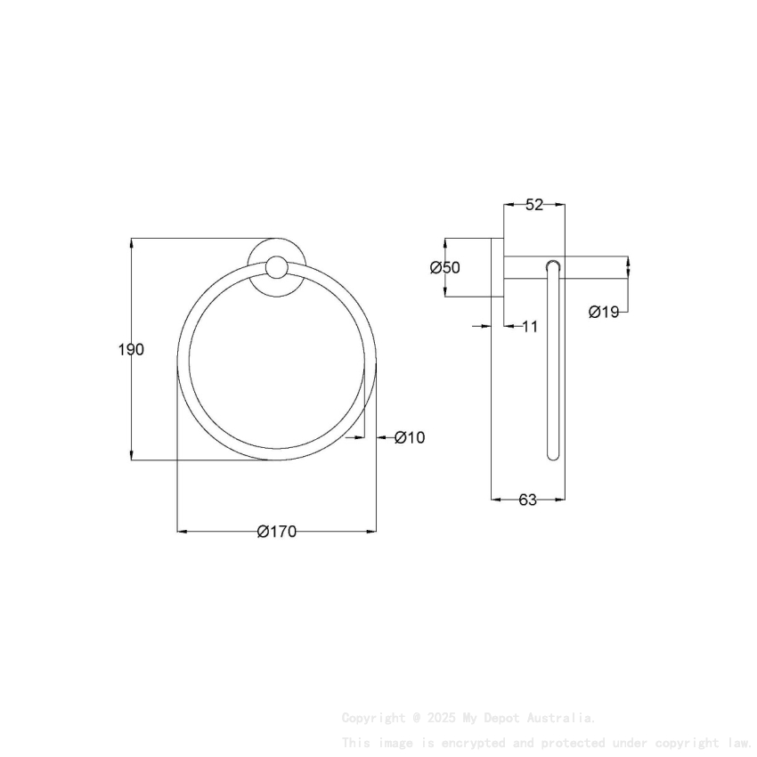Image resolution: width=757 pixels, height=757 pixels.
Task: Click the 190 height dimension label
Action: coord(131,349)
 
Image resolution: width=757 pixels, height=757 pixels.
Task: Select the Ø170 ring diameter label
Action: coord(276,532)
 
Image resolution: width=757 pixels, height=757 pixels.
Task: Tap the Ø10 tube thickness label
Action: coord(410,437)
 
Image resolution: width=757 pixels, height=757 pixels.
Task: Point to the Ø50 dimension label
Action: coord(444,268)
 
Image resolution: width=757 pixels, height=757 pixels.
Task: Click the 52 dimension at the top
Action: coord(533,205)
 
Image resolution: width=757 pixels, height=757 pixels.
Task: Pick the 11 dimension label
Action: coord(529,327)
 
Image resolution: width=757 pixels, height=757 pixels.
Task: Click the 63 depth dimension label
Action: coord(528,500)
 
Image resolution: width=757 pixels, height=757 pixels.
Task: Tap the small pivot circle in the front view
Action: coord(277,267)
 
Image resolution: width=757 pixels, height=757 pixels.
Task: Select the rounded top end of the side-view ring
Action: coord(554,265)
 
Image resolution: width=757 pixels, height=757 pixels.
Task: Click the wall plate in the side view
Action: coord(498,281)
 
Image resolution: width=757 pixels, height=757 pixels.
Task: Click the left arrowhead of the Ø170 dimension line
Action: coord(182,532)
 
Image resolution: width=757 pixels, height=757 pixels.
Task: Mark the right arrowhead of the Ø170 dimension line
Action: coord(372,532)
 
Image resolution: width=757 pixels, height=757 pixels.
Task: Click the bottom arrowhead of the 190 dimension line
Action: coord(132,456)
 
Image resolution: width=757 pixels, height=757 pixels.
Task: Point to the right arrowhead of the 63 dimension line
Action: coord(561,500)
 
